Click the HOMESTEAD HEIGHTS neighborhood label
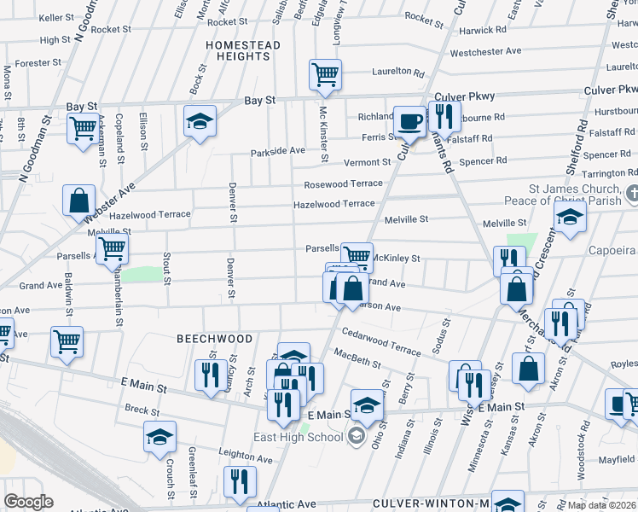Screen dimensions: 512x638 click(x=243, y=50)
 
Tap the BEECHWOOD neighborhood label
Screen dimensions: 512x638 click(x=215, y=339)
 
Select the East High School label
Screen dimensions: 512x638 click(x=298, y=438)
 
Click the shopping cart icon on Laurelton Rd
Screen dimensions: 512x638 click(x=325, y=75)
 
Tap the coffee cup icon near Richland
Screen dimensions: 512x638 click(x=409, y=120)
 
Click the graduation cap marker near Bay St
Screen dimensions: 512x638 click(x=200, y=121)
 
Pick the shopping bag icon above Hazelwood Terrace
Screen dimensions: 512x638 click(x=78, y=201)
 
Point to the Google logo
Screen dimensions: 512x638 click(x=29, y=502)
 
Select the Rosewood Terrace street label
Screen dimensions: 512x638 click(x=344, y=185)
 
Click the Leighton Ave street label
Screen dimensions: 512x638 click(x=245, y=458)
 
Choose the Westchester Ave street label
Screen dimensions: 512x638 click(x=485, y=52)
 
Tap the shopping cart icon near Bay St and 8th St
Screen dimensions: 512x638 click(x=83, y=130)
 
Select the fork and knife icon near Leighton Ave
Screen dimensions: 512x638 click(x=240, y=481)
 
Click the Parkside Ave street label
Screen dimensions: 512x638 click(x=277, y=152)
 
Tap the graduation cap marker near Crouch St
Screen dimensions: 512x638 click(x=159, y=437)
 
